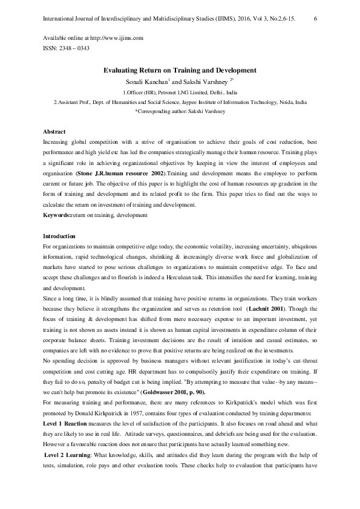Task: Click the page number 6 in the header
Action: click(316, 20)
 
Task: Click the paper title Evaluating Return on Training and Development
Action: click(180, 70)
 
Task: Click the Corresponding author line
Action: click(180, 112)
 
